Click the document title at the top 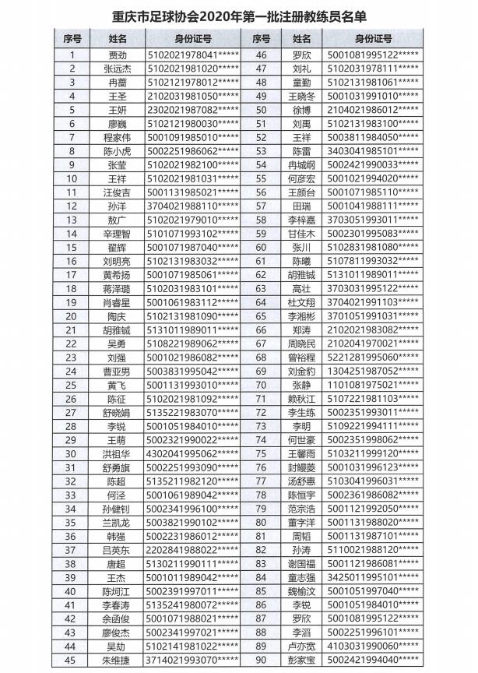click(x=239, y=16)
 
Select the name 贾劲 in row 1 click(x=117, y=55)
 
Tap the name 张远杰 click(x=117, y=69)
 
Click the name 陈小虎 click(x=117, y=151)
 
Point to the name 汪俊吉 click(x=117, y=192)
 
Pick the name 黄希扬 click(x=117, y=274)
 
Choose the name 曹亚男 click(x=117, y=371)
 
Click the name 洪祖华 click(x=117, y=453)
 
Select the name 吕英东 click(x=117, y=550)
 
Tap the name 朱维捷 click(x=117, y=660)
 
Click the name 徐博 click(x=301, y=110)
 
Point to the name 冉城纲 click(x=301, y=164)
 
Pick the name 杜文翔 click(x=301, y=302)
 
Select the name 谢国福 click(x=301, y=563)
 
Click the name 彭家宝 click(x=301, y=660)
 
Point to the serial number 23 click(x=72, y=357)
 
